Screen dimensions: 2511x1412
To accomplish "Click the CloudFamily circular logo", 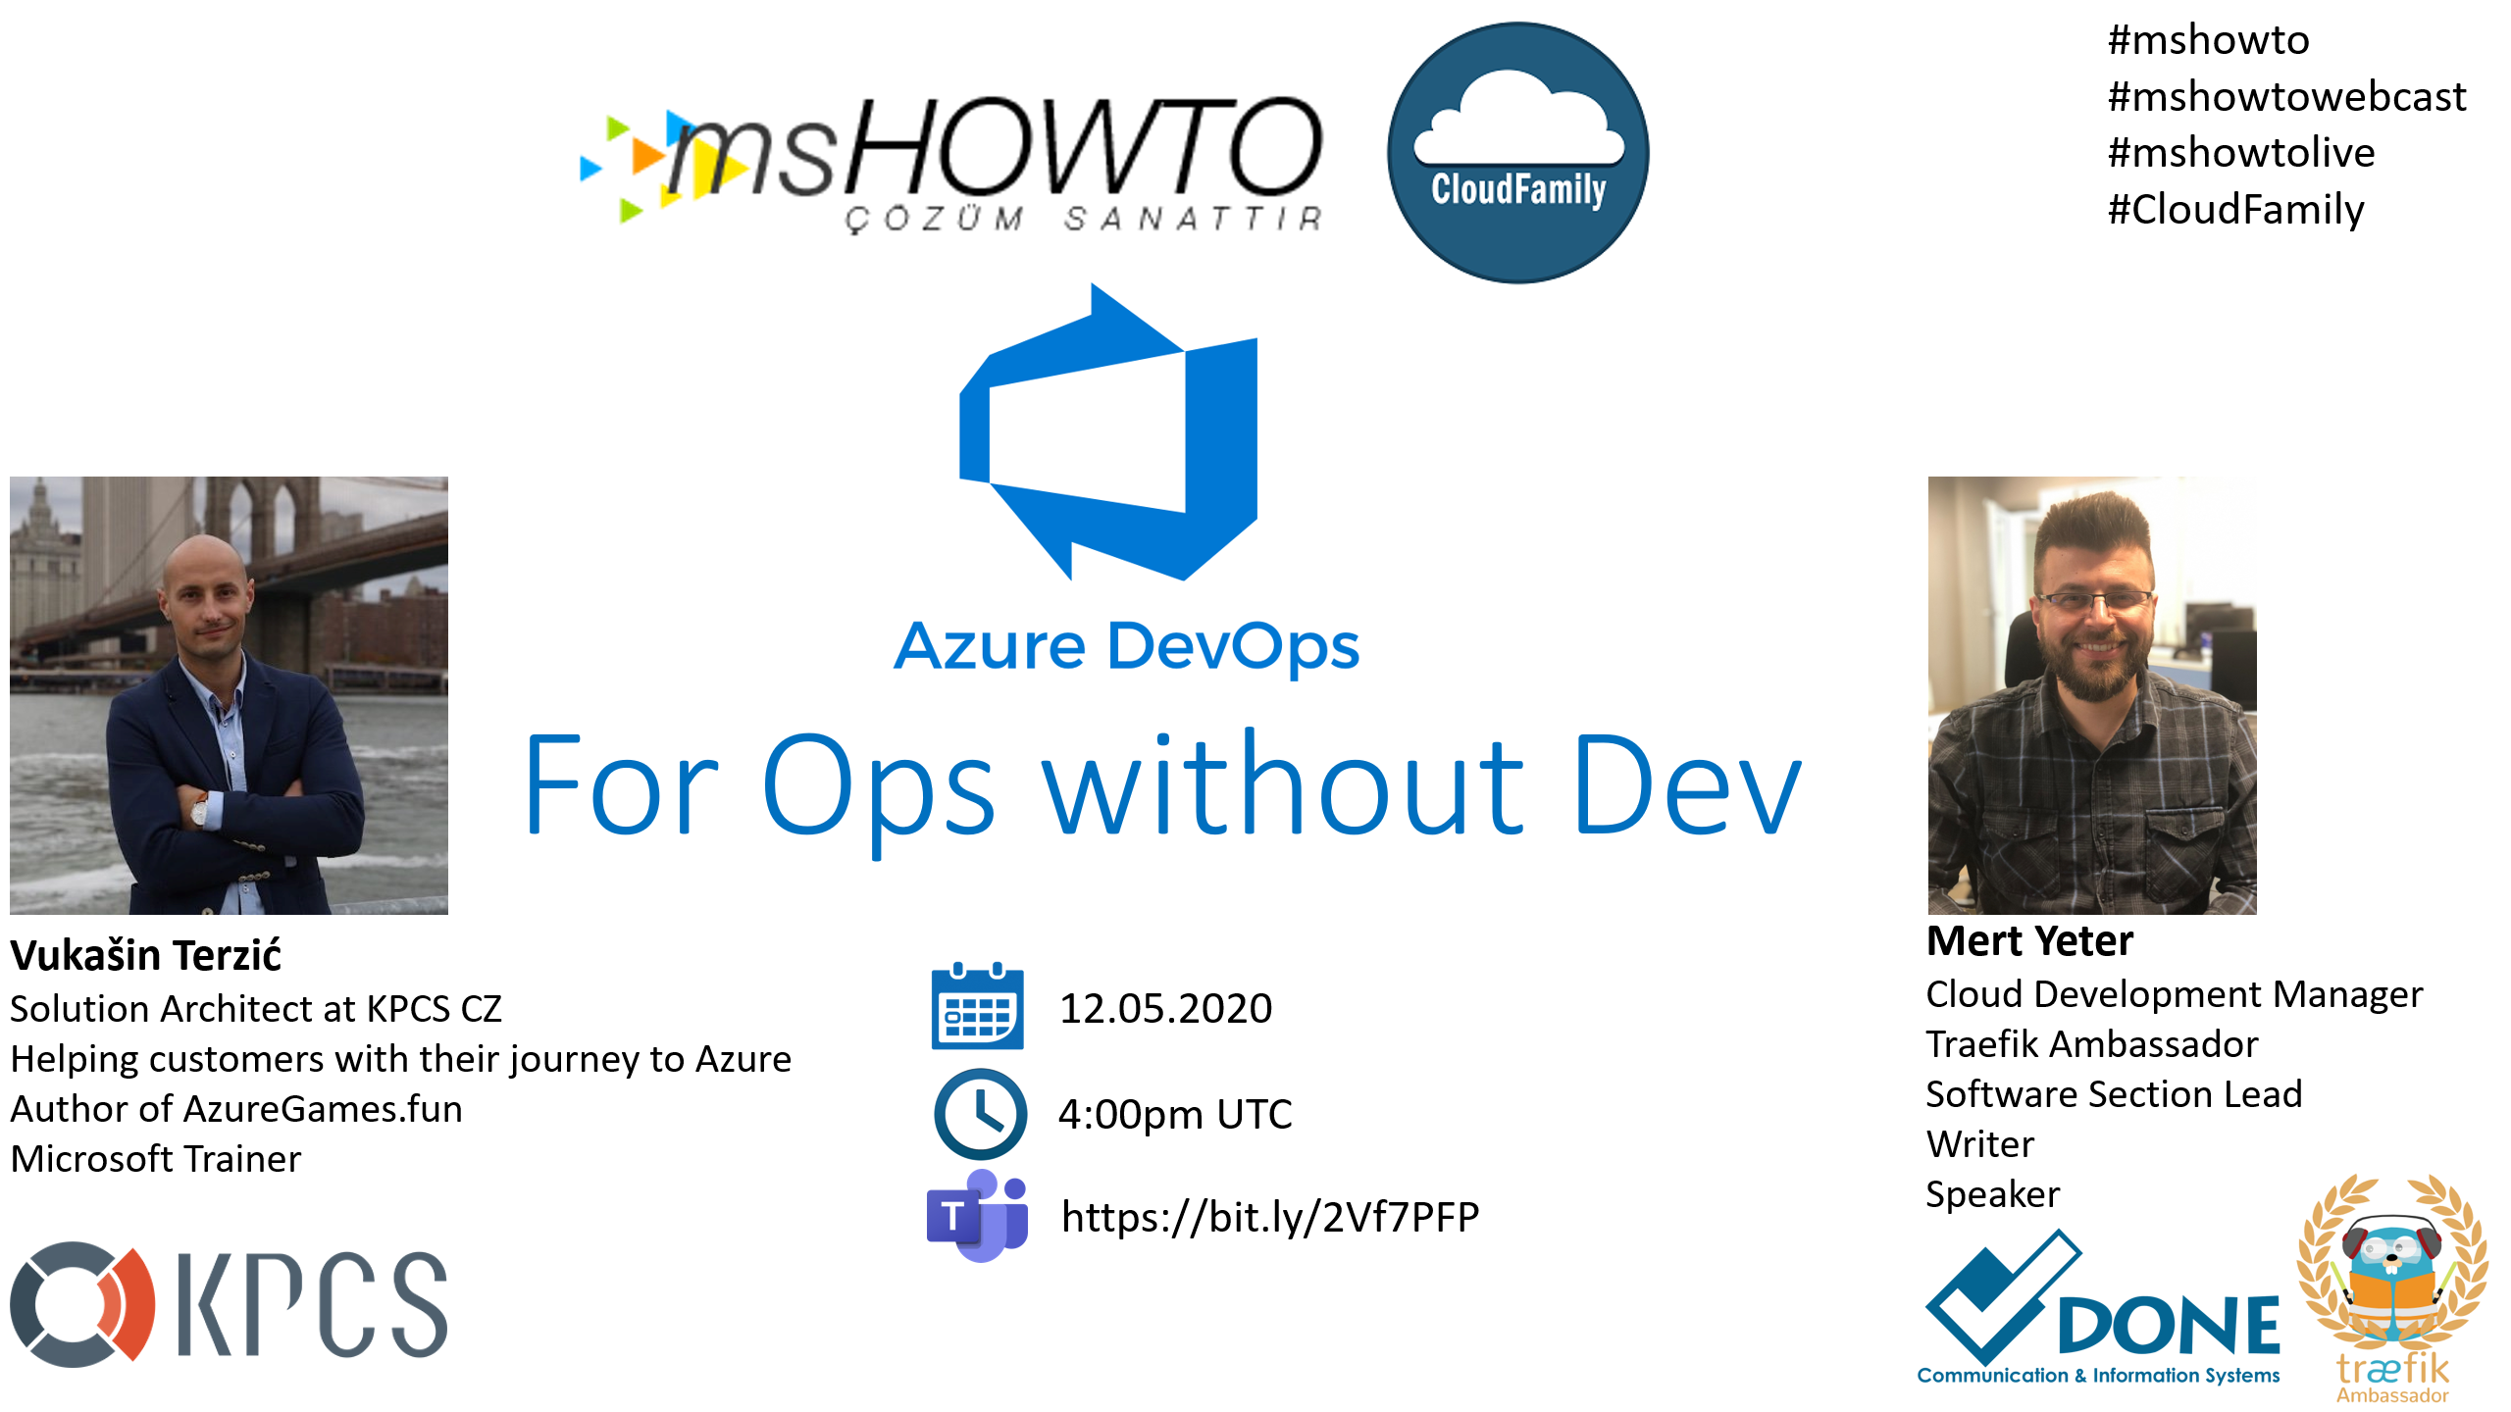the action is coord(1517,153).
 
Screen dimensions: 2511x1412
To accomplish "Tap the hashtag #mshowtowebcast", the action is coord(2286,96).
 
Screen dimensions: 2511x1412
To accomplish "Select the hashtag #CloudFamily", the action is coord(2236,210).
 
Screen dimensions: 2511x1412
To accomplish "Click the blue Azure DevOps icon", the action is coord(1108,432).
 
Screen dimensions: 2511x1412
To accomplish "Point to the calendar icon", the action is coord(977,1006).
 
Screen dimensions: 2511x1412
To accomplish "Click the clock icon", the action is coord(980,1114).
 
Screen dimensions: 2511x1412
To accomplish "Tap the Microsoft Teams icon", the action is coord(978,1216).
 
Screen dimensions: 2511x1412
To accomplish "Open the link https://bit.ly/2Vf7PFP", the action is coord(1270,1217).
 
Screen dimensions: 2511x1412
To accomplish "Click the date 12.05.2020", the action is coord(1165,1008).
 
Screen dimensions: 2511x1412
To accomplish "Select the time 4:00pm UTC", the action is coord(1175,1115).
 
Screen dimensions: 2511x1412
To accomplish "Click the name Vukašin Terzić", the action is coord(145,954).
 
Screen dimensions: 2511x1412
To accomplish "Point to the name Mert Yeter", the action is coord(2029,940).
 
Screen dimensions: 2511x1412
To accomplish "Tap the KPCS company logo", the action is coord(229,1304).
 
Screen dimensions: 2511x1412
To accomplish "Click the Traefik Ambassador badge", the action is coord(2392,1287).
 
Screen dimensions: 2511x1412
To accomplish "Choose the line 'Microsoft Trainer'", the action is coord(155,1159).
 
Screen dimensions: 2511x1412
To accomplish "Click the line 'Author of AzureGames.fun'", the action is coord(236,1109).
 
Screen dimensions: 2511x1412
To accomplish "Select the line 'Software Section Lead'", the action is coord(2114,1094).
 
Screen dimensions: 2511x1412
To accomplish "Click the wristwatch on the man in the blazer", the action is coord(199,810).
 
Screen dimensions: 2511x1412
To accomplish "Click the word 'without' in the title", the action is coord(1283,785).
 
